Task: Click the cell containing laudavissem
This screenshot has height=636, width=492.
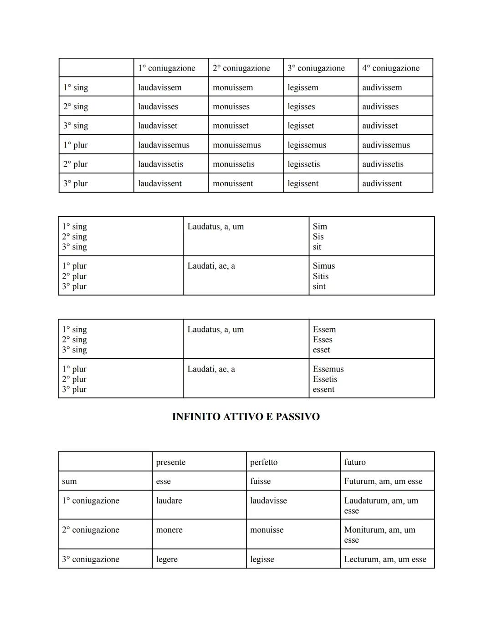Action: [160, 87]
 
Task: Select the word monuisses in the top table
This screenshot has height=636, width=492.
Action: [231, 107]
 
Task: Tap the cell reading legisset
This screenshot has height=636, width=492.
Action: [301, 126]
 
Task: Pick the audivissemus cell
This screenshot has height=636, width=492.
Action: [386, 145]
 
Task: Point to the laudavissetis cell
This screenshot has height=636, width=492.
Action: [160, 164]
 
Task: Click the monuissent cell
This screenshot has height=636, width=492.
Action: [233, 183]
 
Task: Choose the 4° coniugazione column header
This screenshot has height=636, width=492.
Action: [390, 68]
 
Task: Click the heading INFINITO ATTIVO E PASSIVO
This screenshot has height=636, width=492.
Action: [246, 417]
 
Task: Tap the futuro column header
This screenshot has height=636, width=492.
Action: [355, 462]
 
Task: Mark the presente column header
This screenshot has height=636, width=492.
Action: [171, 462]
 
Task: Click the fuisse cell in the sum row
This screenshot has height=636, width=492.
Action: [261, 481]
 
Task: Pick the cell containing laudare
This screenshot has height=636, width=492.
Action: [169, 500]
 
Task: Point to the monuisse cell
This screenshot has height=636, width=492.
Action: [267, 530]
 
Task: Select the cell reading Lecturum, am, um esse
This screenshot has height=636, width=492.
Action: [385, 559]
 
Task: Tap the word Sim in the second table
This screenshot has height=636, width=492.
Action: [320, 226]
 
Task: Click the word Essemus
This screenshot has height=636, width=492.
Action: [328, 369]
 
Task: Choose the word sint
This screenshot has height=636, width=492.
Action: [319, 286]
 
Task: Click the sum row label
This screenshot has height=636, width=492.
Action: [69, 481]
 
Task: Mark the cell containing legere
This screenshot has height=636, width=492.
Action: [167, 559]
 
